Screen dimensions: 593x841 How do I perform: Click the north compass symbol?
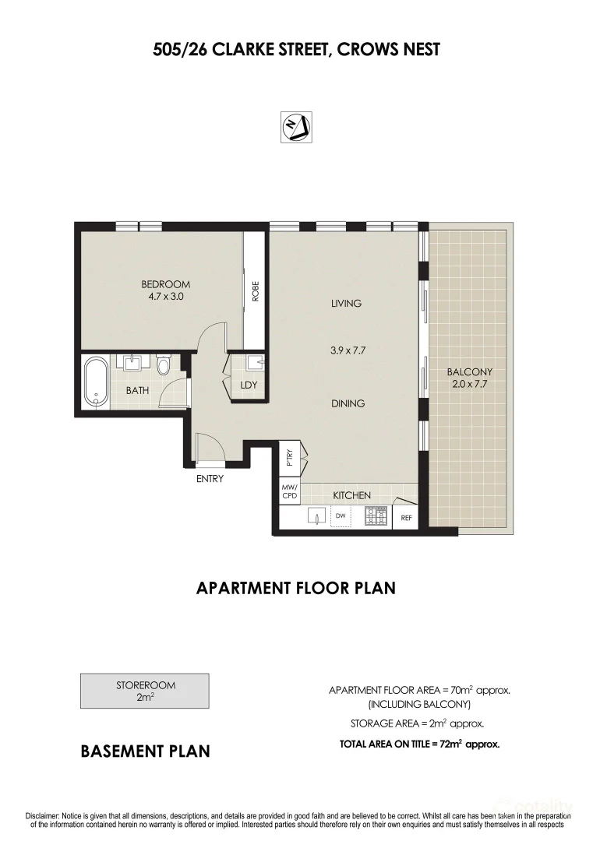pyautogui.click(x=296, y=127)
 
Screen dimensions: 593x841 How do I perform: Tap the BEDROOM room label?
pyautogui.click(x=166, y=284)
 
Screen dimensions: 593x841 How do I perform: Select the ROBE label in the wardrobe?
pyautogui.click(x=256, y=291)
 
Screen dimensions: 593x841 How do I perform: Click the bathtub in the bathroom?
pyautogui.click(x=97, y=383)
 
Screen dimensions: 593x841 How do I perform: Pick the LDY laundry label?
pyautogui.click(x=249, y=385)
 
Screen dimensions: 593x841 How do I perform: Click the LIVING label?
pyautogui.click(x=346, y=304)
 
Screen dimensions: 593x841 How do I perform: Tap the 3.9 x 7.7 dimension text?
pyautogui.click(x=348, y=350)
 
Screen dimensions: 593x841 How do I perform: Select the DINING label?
pyautogui.click(x=348, y=403)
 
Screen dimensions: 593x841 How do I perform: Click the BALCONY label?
pyautogui.click(x=470, y=371)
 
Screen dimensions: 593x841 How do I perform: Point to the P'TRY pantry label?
pyautogui.click(x=290, y=456)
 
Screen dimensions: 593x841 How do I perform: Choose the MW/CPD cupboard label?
pyautogui.click(x=290, y=491)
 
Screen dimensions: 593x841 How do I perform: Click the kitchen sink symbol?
pyautogui.click(x=316, y=516)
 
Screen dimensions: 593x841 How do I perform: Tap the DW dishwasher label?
pyautogui.click(x=341, y=516)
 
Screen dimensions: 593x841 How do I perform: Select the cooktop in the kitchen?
pyautogui.click(x=376, y=516)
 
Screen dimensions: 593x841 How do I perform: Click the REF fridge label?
pyautogui.click(x=406, y=518)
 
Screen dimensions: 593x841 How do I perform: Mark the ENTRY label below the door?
pyautogui.click(x=210, y=479)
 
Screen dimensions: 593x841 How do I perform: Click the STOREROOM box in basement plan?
pyautogui.click(x=145, y=691)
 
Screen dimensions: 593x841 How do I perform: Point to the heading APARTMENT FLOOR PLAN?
pyautogui.click(x=295, y=588)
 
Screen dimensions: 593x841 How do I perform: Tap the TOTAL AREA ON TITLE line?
pyautogui.click(x=420, y=744)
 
